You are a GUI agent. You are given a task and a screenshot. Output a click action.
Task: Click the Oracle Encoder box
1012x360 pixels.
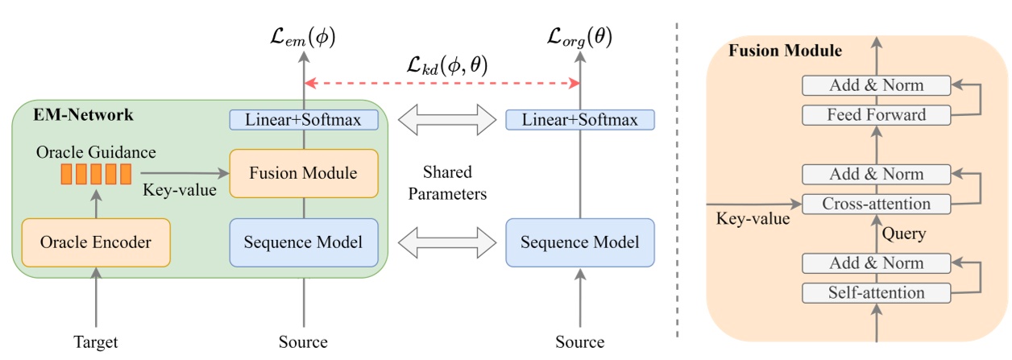click(96, 242)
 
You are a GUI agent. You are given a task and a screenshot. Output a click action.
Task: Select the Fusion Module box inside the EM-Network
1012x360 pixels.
click(303, 173)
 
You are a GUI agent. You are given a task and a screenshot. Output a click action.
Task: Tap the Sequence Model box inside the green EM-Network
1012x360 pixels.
click(303, 242)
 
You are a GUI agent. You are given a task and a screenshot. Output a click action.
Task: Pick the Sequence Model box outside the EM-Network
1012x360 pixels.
click(579, 242)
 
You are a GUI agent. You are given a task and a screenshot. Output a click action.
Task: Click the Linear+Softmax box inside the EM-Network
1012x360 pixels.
click(303, 120)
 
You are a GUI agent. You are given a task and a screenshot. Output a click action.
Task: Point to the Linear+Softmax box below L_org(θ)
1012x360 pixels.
click(579, 120)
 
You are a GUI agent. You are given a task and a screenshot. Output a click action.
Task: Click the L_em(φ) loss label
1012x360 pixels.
click(303, 35)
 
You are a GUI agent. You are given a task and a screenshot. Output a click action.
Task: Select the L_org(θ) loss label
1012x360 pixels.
click(579, 35)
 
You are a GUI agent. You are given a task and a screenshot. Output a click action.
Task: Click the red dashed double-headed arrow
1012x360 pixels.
click(442, 83)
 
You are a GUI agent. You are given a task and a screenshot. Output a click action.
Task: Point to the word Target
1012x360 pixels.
click(96, 342)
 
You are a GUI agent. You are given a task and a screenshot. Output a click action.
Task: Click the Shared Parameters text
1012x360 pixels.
click(446, 184)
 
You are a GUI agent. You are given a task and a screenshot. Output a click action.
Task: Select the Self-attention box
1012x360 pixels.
click(877, 292)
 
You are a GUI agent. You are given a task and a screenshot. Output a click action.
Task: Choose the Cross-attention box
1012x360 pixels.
click(877, 204)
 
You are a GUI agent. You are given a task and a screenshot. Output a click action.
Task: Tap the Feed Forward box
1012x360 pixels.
click(877, 115)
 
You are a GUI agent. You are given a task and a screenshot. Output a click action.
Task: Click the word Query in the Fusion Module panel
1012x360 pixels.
click(903, 234)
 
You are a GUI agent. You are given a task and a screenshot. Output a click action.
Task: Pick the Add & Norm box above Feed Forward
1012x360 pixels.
click(877, 85)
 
